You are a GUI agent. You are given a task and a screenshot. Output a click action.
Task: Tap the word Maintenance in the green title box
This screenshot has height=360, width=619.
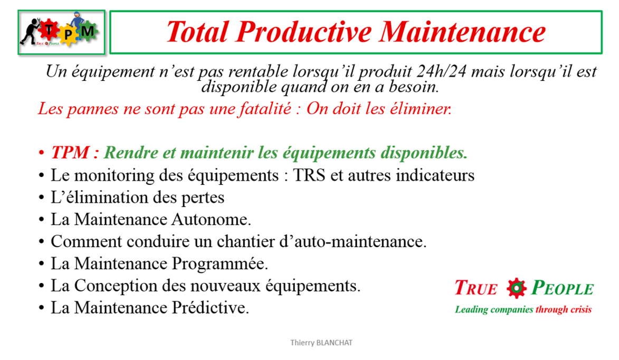[x=463, y=32]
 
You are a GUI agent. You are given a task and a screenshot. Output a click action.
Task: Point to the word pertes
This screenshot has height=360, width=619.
[x=203, y=197]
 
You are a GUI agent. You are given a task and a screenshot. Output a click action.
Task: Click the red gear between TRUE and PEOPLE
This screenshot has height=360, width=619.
[x=516, y=288]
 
